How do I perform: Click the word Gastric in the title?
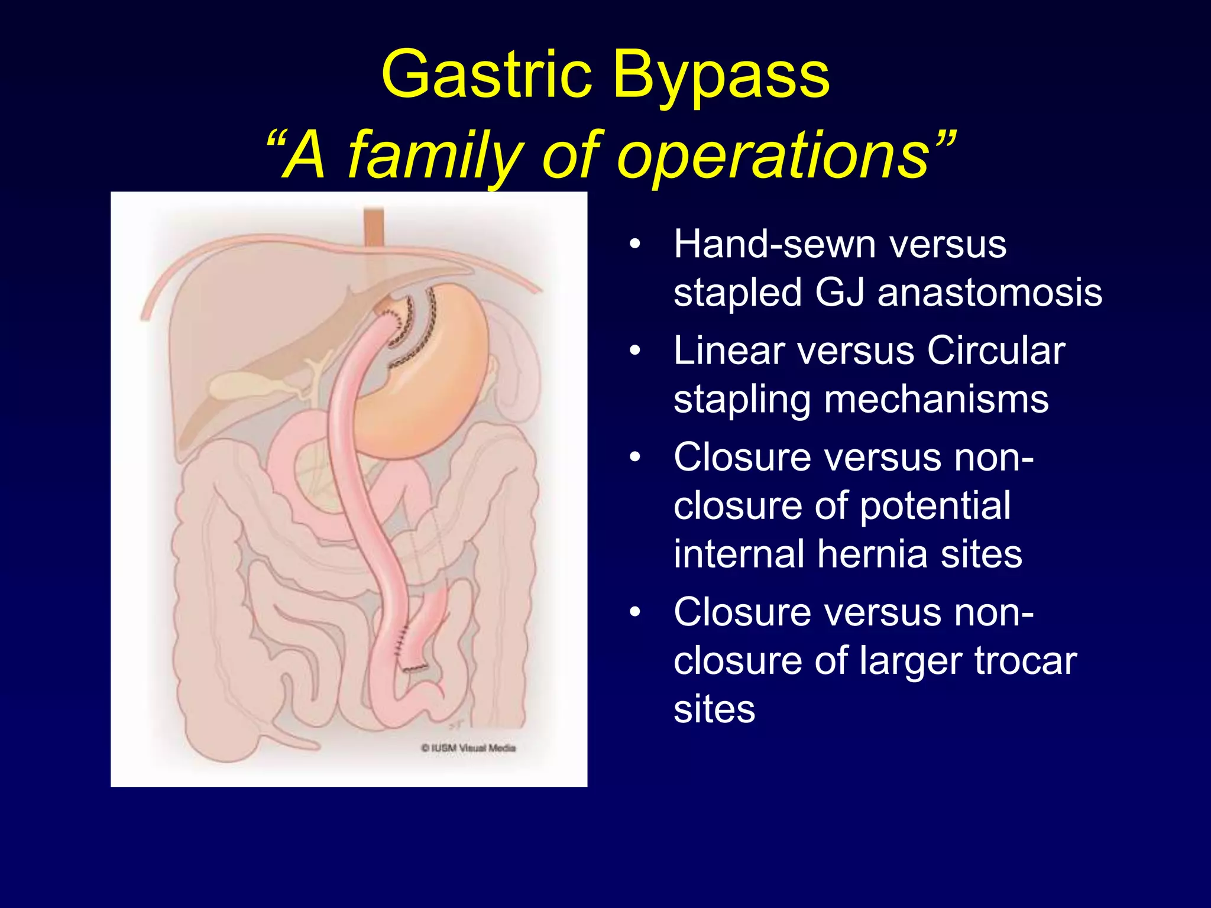tap(486, 74)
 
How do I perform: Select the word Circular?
tap(996, 351)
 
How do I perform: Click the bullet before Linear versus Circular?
tap(635, 351)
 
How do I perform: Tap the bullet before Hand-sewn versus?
tap(635, 244)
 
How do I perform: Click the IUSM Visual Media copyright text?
tap(468, 748)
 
